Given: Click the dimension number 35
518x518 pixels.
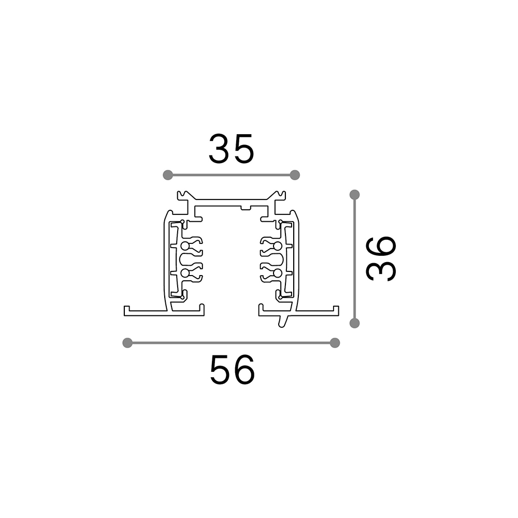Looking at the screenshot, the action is click(232, 149).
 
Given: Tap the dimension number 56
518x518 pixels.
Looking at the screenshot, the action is click(232, 369).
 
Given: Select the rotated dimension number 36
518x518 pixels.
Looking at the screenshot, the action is click(381, 258).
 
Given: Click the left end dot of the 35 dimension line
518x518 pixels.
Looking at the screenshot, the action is click(168, 175).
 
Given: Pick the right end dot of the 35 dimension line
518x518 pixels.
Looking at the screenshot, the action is click(295, 175).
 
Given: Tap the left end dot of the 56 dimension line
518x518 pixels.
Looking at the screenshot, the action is click(127, 343).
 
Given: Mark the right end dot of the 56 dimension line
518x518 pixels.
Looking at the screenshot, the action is click(335, 343).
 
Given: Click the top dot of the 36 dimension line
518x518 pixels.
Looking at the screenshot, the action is click(354, 195).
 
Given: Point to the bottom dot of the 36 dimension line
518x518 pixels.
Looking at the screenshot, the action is click(354, 323).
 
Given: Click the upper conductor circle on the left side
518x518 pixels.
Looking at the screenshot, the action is click(185, 246).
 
